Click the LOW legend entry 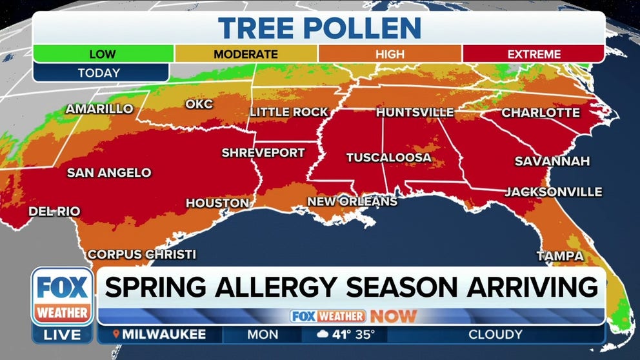click(x=102, y=54)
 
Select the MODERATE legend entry click(x=246, y=54)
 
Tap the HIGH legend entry click(x=390, y=54)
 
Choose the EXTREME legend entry click(x=533, y=54)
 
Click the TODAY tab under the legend click(x=99, y=73)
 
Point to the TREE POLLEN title click(x=319, y=28)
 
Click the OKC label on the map click(x=199, y=104)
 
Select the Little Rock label click(x=289, y=112)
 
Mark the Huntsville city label click(x=415, y=112)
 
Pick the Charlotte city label click(x=541, y=113)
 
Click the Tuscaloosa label click(x=388, y=157)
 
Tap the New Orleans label click(x=352, y=202)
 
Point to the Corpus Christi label click(x=141, y=254)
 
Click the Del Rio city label click(x=54, y=211)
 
